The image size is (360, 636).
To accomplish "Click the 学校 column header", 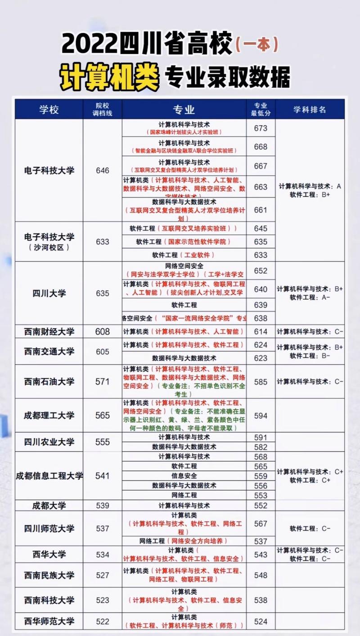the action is [x=49, y=109].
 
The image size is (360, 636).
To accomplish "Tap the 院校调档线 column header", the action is [x=103, y=109].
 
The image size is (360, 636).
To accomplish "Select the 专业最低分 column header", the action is [x=261, y=109].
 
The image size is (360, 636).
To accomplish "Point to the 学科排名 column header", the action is [x=310, y=109].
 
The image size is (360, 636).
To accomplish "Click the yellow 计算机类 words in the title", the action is [x=110, y=77].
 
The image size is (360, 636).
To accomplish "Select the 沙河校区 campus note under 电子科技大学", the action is [x=49, y=248].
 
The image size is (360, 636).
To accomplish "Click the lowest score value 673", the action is [x=261, y=128].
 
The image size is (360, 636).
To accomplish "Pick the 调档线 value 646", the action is [x=103, y=171].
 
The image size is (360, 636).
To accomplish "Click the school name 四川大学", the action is [x=49, y=293].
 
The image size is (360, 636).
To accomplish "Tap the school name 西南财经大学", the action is [x=49, y=332].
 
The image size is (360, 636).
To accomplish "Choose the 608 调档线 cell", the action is [x=103, y=332].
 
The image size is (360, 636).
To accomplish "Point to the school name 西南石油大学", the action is [x=49, y=382].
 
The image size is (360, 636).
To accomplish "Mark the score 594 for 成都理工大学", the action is [x=261, y=415].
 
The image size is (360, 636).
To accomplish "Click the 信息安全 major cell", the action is [x=184, y=476].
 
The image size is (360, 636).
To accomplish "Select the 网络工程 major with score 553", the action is [x=184, y=495].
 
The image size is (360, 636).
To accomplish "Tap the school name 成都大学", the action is [x=49, y=505].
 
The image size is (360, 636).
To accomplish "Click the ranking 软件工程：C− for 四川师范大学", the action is [x=310, y=528].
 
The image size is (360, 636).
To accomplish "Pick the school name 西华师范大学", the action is [x=49, y=622].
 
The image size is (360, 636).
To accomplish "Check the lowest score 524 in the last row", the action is [x=261, y=622].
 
